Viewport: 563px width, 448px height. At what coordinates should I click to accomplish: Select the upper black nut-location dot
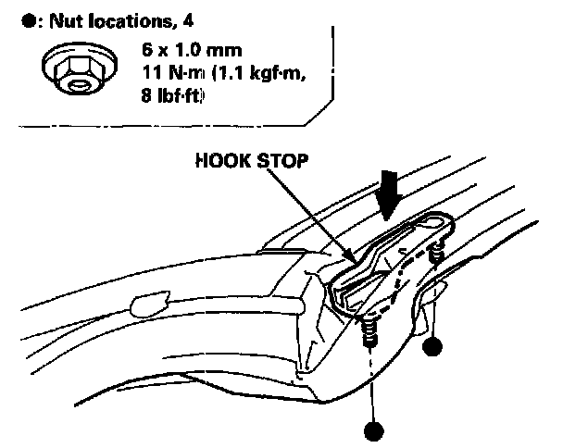coord(432,347)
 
